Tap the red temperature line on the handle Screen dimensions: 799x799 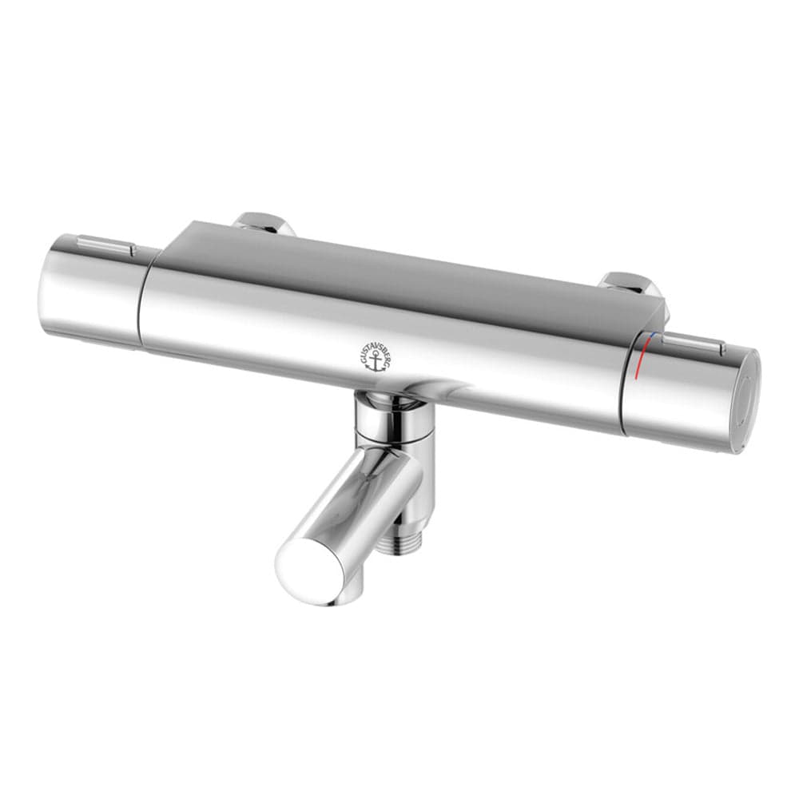639,364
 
